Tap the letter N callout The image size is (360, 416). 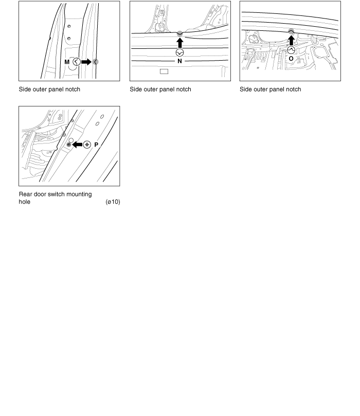[x=179, y=61]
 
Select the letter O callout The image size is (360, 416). [x=291, y=59]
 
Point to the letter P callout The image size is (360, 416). [x=96, y=145]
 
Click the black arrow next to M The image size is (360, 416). [x=86, y=62]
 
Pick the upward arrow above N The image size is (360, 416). [x=179, y=43]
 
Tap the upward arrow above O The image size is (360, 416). [x=291, y=41]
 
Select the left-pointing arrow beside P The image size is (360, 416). [x=77, y=145]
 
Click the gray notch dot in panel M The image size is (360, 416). [x=96, y=62]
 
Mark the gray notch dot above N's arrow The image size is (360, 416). [x=179, y=33]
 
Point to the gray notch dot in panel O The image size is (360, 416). [x=291, y=31]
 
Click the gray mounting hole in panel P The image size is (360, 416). [x=68, y=146]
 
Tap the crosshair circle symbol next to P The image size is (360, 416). [x=87, y=145]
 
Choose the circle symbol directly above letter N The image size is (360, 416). [x=179, y=52]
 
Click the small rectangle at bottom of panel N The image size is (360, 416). [x=164, y=71]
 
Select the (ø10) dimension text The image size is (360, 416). [x=112, y=202]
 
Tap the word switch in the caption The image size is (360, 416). [x=63, y=194]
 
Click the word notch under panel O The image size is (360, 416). [x=292, y=89]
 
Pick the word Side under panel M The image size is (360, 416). [x=25, y=89]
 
